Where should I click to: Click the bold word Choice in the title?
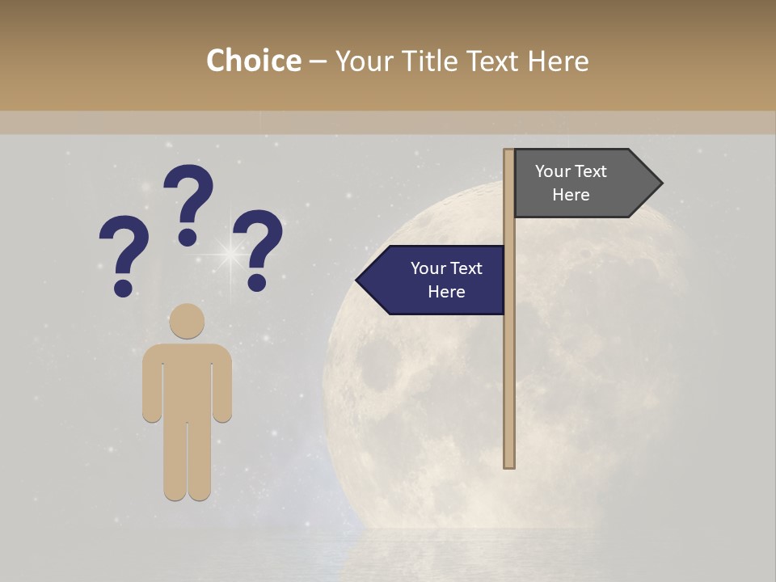(x=253, y=61)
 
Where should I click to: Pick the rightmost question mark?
(x=260, y=247)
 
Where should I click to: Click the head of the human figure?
(x=187, y=321)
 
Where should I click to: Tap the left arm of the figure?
(x=152, y=384)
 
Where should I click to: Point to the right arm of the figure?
(x=222, y=384)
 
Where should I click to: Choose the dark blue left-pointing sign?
(x=436, y=280)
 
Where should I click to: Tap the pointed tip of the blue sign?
(x=359, y=280)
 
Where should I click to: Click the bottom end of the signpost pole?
(x=509, y=464)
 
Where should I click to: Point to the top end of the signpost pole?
(x=509, y=153)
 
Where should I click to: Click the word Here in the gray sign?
(x=571, y=195)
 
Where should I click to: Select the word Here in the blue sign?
(x=446, y=292)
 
